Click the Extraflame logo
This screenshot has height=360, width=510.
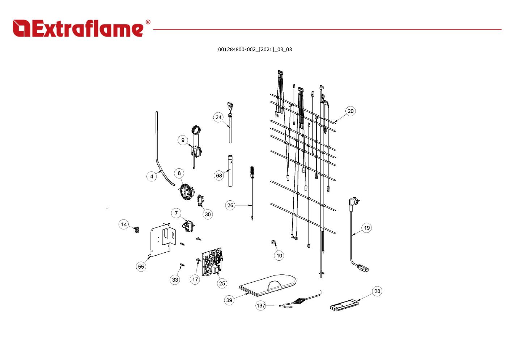pos(78,28)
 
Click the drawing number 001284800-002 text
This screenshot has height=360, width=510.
pos(255,50)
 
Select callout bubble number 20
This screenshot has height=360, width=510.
pos(350,111)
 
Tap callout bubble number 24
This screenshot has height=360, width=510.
pos(218,117)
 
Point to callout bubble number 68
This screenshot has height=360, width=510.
pos(219,176)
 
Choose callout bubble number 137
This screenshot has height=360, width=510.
pos(261,305)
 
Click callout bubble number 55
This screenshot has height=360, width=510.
pos(141,267)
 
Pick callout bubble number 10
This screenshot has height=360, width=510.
pos(279,256)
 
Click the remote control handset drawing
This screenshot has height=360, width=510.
pos(344,305)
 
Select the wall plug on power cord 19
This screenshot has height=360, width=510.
pos(353,203)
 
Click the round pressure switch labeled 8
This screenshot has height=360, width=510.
pos(186,191)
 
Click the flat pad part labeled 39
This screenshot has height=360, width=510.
pos(268,284)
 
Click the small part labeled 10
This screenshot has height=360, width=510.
pos(273,243)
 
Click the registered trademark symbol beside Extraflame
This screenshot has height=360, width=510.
pos(148,22)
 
